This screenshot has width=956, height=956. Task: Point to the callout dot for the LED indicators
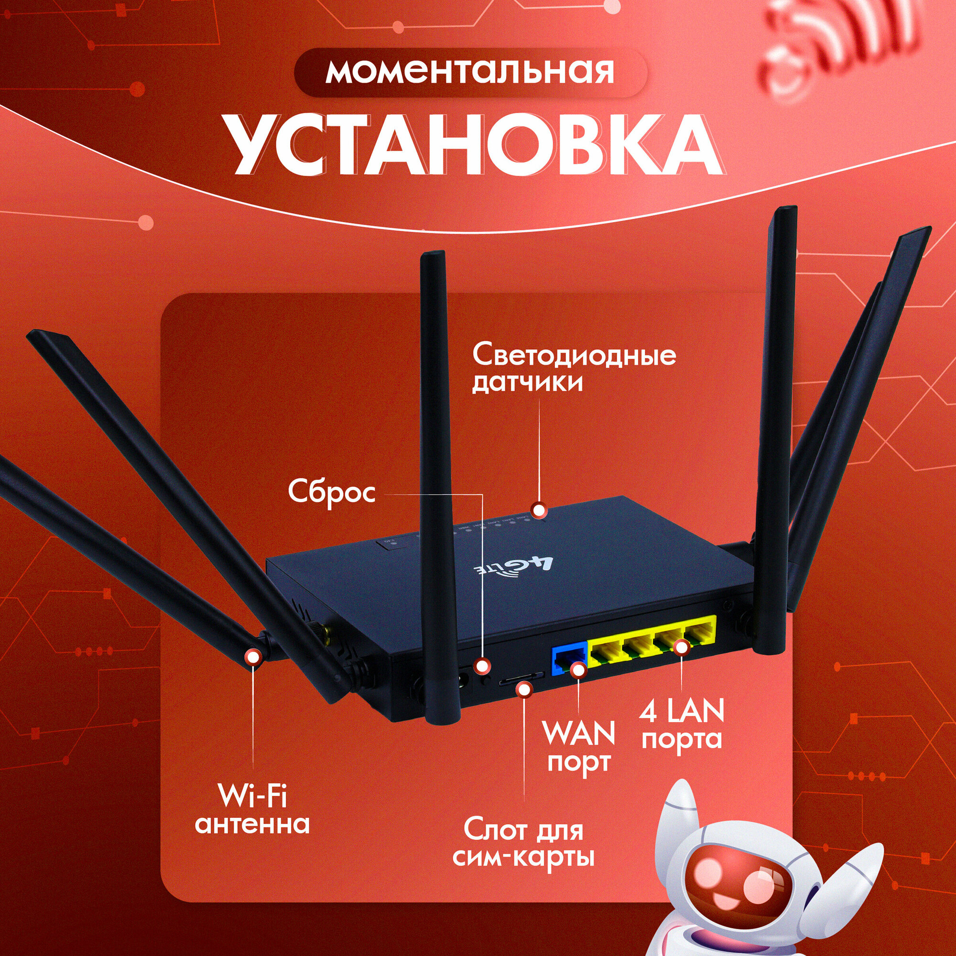(538, 509)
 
